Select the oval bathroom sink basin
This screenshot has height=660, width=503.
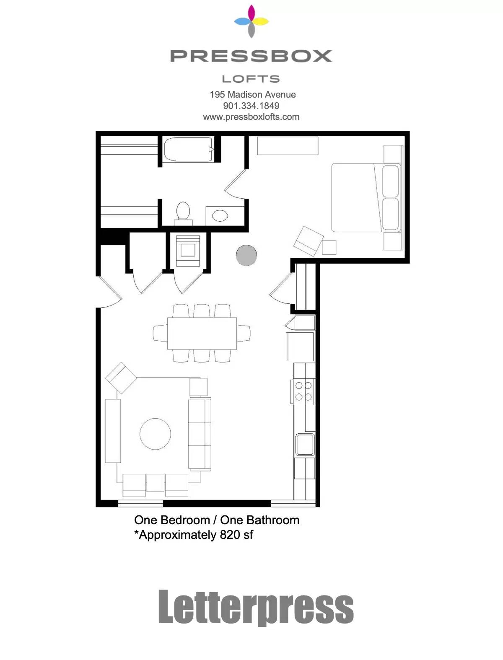point(220,215)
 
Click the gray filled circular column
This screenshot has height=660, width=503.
point(246,255)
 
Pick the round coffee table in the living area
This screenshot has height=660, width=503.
point(155,434)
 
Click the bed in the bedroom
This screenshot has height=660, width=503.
point(366,197)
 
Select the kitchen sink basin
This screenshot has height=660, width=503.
point(305,444)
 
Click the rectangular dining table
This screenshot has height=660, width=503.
point(202,333)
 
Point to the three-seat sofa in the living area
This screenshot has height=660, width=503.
point(200,433)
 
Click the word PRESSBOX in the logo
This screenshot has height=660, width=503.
point(251,56)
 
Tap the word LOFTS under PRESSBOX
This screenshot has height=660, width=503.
point(251,79)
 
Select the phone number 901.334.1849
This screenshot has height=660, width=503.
point(251,106)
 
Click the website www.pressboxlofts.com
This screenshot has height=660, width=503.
point(251,116)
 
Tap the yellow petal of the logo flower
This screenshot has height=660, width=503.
point(260,21)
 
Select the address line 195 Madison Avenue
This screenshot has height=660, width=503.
point(253,94)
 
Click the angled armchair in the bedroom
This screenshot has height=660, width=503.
point(309,241)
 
